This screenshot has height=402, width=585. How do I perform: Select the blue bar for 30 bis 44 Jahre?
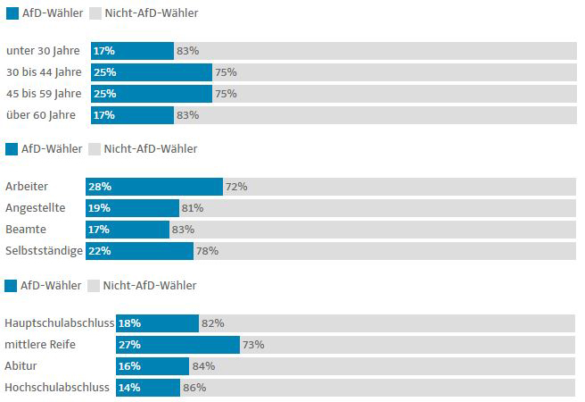(x=152, y=72)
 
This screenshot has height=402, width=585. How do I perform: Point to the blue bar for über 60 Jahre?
(x=132, y=115)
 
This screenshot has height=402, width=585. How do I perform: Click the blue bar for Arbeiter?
(x=154, y=187)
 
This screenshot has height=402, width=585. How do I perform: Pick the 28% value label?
(x=99, y=187)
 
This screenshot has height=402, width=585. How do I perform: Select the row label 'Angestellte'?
(x=35, y=208)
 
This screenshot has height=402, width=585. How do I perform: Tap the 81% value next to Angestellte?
(x=193, y=208)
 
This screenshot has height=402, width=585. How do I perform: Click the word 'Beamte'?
(x=26, y=230)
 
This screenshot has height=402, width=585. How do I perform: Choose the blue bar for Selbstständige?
(x=139, y=251)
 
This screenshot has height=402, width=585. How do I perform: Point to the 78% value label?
(x=207, y=251)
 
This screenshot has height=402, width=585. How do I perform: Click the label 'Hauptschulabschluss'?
(x=59, y=322)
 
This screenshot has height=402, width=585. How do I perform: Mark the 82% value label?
(x=212, y=323)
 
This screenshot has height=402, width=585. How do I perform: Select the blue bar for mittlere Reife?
(x=178, y=345)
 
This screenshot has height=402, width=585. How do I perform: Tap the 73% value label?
(x=253, y=345)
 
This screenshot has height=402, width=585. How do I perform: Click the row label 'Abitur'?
(x=21, y=366)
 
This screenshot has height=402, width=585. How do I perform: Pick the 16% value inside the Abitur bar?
(x=129, y=366)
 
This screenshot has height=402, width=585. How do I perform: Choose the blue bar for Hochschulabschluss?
(x=148, y=388)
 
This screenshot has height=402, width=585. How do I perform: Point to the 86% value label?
(x=194, y=388)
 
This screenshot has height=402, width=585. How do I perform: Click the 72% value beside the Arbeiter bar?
(x=236, y=187)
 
